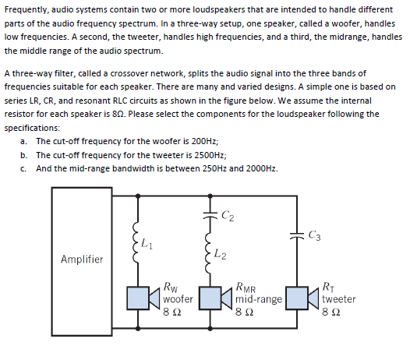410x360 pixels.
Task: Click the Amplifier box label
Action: (81, 259)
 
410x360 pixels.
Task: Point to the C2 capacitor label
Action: (227, 211)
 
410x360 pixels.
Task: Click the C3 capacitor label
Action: (313, 235)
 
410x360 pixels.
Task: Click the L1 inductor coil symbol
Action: (138, 245)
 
